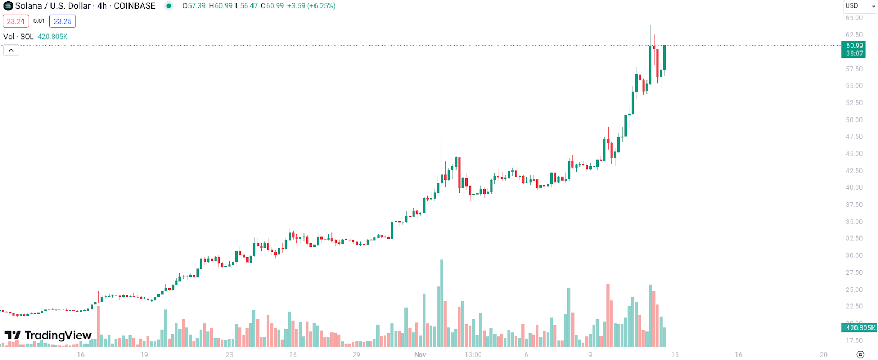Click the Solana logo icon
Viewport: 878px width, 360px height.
pyautogui.click(x=8, y=6)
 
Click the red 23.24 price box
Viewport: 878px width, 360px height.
pyautogui.click(x=16, y=21)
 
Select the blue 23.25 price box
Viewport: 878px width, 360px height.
pyautogui.click(x=63, y=21)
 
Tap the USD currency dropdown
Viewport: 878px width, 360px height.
pyautogui.click(x=860, y=6)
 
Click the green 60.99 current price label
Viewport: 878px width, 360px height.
pyautogui.click(x=854, y=46)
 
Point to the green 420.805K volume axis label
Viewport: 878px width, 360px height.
pyautogui.click(x=860, y=328)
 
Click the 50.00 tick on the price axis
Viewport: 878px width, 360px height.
pyautogui.click(x=854, y=120)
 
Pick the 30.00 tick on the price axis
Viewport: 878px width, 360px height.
pyautogui.click(x=854, y=256)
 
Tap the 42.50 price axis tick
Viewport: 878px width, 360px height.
pyautogui.click(x=854, y=171)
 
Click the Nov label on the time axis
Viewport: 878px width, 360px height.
pyautogui.click(x=420, y=355)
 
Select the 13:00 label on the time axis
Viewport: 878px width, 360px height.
pyautogui.click(x=473, y=355)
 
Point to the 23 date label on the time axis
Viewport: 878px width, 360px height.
pyautogui.click(x=229, y=355)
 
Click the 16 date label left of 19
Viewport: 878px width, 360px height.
pyautogui.click(x=81, y=355)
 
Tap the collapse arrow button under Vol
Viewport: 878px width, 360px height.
pyautogui.click(x=11, y=50)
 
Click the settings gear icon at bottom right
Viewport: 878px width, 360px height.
pyautogui.click(x=860, y=355)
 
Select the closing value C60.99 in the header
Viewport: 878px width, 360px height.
pyautogui.click(x=272, y=6)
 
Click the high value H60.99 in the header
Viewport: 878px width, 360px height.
pyautogui.click(x=221, y=6)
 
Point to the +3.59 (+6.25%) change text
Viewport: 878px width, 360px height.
pyautogui.click(x=311, y=6)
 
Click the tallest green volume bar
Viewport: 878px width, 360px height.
pyautogui.click(x=442, y=302)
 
